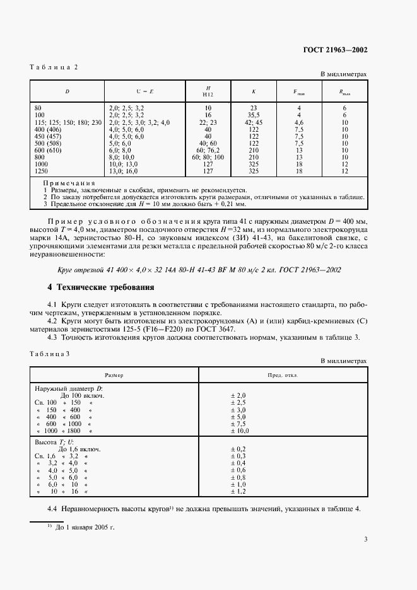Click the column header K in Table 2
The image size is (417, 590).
pyautogui.click(x=254, y=91)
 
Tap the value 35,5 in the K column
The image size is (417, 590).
pyautogui.click(x=254, y=115)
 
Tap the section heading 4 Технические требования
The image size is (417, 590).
pyautogui.click(x=101, y=287)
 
